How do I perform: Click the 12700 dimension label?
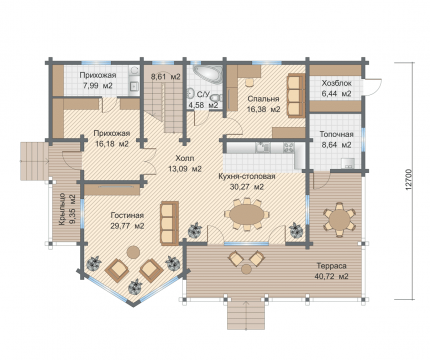point(410,180)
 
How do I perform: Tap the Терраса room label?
point(331,266)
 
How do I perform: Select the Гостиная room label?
point(127,215)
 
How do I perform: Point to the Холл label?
point(185,158)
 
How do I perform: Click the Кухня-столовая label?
point(247,176)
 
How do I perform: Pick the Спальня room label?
point(263,99)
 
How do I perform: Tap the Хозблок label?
point(336,83)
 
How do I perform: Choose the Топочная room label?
point(336,134)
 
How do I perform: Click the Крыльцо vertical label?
point(62,209)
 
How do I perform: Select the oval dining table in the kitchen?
point(246,214)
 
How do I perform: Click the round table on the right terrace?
point(340,219)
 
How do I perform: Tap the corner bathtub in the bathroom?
point(207,73)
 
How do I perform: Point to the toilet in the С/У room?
point(216,99)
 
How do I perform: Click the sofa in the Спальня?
point(296,95)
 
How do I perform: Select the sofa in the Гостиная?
point(169,223)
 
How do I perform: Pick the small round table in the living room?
point(134,252)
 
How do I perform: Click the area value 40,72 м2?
point(331,276)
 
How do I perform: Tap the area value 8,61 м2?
point(166,77)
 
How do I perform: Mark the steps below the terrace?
point(246,314)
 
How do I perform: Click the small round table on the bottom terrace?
point(246,269)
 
